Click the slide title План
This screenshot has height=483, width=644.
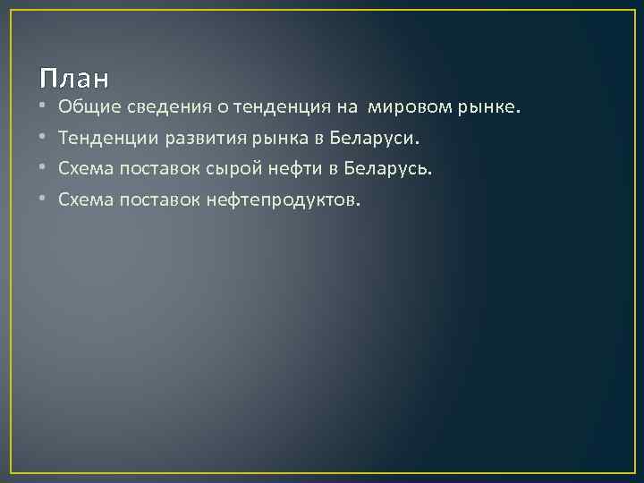(x=73, y=78)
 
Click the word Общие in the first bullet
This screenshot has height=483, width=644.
(x=83, y=108)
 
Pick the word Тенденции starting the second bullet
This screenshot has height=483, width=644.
(x=99, y=139)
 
